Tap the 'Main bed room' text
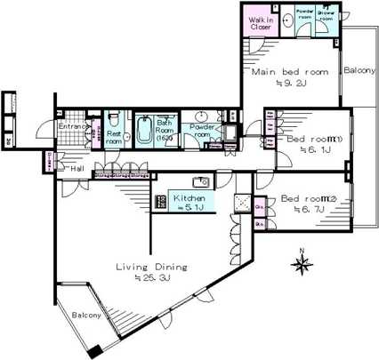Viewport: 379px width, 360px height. (x=289, y=71)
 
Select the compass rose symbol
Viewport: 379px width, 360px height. (x=302, y=263)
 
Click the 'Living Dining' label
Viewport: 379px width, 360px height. (x=152, y=266)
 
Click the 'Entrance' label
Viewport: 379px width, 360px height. (x=73, y=127)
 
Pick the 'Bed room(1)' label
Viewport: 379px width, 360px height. (x=309, y=138)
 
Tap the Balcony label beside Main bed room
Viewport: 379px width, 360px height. (x=359, y=70)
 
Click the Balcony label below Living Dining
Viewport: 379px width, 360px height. (x=88, y=315)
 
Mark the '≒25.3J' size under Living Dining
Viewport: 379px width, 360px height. (x=152, y=277)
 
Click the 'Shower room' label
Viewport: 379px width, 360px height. (x=326, y=16)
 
